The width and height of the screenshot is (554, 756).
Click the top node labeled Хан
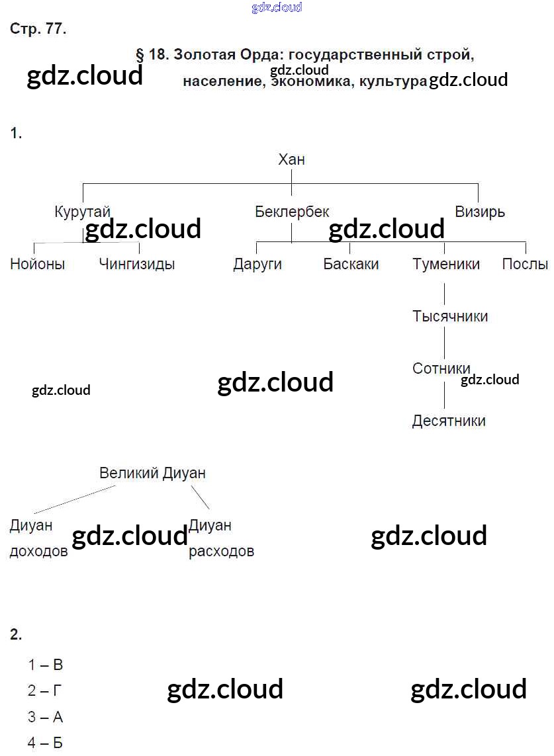(291, 159)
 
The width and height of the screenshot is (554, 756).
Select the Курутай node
(82, 212)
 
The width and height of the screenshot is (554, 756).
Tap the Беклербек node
(292, 212)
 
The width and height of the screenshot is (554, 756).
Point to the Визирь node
(479, 212)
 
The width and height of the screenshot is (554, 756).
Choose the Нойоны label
(38, 265)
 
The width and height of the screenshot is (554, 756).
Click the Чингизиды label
(137, 265)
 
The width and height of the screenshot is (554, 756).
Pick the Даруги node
(257, 265)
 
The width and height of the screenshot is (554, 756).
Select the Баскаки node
(351, 265)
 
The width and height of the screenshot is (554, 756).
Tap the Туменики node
(446, 265)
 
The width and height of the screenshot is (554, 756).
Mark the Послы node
(525, 265)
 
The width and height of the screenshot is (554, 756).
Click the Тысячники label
(450, 316)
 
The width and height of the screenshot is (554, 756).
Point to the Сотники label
(441, 368)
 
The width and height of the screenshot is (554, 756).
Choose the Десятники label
(449, 421)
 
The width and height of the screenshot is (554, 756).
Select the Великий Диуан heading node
(152, 474)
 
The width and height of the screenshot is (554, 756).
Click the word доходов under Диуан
(38, 552)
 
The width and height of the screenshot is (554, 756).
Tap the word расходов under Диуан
(221, 552)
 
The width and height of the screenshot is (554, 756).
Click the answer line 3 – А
(46, 717)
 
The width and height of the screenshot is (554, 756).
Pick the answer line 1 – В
(46, 665)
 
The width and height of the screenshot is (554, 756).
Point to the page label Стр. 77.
(38, 29)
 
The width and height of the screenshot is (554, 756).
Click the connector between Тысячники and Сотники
(444, 342)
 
